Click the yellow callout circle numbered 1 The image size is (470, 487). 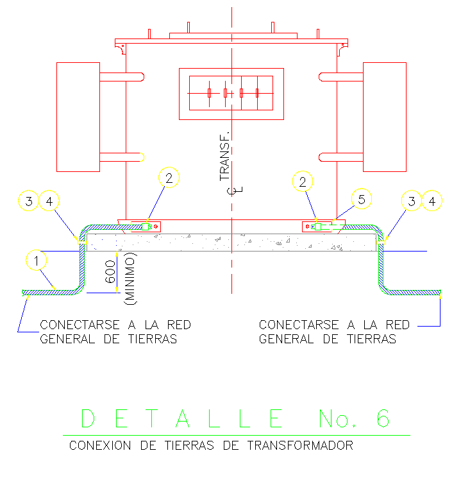coord(37,261)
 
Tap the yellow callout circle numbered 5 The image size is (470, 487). coord(362,200)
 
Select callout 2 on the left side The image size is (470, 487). coord(169,179)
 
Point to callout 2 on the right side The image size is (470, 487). coord(303,182)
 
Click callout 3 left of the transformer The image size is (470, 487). coord(28,201)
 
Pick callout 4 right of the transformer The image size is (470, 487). coord(435,201)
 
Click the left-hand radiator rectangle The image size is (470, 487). coord(78,117)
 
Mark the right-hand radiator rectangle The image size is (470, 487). coord(385,117)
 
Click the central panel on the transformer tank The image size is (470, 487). coord(231,94)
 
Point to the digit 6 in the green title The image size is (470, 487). coord(382,418)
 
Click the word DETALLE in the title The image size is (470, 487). coord(182,418)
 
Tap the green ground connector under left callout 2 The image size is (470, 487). coord(147,226)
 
